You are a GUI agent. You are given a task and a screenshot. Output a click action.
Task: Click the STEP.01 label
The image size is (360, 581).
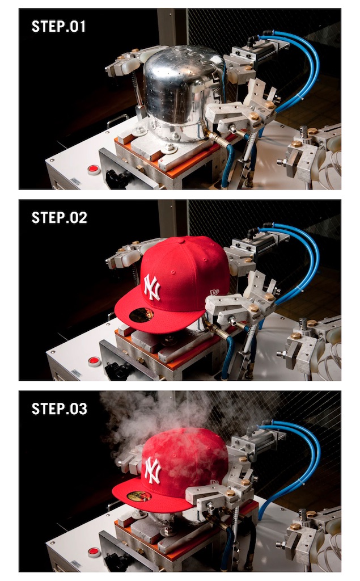(x=58, y=26)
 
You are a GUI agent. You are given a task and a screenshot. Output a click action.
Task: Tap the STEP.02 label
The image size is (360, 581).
(x=60, y=217)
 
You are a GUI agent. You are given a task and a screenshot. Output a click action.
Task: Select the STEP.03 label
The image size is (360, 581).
(x=60, y=409)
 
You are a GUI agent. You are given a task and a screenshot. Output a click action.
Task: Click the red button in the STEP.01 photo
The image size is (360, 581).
(x=94, y=170)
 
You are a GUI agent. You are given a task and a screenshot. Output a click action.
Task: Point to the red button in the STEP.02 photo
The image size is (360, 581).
(x=95, y=361)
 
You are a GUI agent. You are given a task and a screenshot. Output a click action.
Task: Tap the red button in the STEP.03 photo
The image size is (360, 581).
(x=95, y=552)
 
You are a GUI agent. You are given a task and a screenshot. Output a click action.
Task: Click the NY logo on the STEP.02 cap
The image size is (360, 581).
(x=152, y=287)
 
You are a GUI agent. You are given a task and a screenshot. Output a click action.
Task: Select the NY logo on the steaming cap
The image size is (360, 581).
(x=153, y=470)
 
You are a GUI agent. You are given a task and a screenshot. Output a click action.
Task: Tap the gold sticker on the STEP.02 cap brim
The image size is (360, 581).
(x=142, y=314)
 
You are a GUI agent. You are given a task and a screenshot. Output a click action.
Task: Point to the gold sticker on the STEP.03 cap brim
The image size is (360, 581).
(x=139, y=496)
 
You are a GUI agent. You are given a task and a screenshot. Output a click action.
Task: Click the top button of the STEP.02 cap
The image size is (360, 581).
(x=181, y=241)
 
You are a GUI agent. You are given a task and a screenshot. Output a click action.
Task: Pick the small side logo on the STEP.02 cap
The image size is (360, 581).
(x=215, y=292)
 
